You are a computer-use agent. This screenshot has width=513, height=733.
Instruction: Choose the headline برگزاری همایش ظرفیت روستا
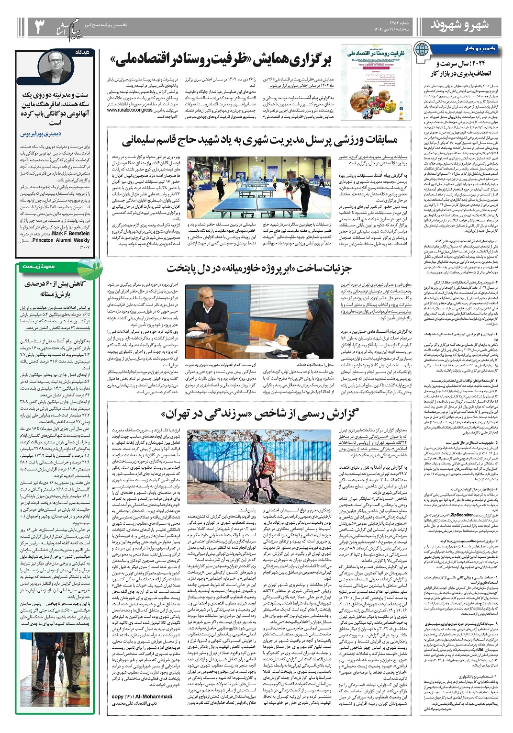(x=222, y=60)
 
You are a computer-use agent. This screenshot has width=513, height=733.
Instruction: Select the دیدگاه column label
(x=87, y=51)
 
